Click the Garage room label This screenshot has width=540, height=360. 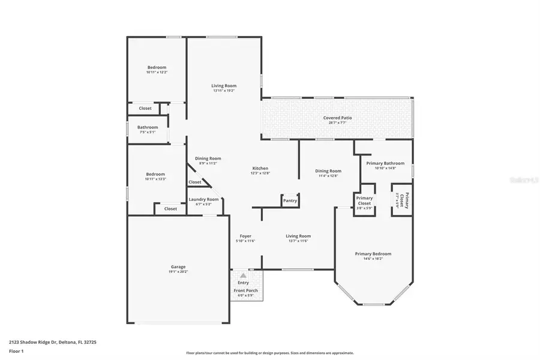(x=177, y=267)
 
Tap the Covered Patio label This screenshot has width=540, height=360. (x=337, y=118)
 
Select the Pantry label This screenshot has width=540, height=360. (x=290, y=201)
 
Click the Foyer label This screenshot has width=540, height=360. (x=245, y=236)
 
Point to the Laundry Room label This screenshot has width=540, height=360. (x=203, y=199)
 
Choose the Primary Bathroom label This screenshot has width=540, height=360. (x=382, y=163)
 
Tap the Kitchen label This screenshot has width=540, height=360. (x=260, y=169)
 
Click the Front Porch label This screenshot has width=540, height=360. (x=244, y=291)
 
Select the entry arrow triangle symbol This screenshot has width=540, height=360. (x=244, y=275)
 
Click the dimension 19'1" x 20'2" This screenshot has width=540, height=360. (x=178, y=272)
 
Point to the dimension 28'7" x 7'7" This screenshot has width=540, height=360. (x=337, y=123)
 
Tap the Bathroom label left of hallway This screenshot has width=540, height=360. (x=147, y=127)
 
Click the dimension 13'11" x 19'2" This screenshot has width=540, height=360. (x=223, y=91)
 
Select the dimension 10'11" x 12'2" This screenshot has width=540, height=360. (x=157, y=72)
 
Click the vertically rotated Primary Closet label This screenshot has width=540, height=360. (x=406, y=199)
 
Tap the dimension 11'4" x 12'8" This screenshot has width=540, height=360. (x=328, y=176)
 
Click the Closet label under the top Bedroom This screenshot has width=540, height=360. (x=145, y=109)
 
